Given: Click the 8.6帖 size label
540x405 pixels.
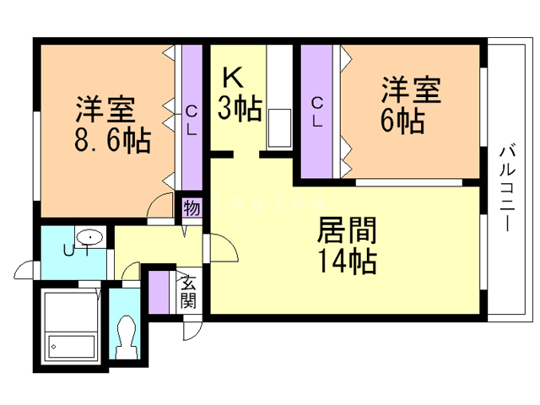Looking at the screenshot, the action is click(112, 140).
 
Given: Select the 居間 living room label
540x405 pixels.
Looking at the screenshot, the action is click(347, 230).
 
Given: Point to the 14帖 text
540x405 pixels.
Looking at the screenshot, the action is click(347, 261).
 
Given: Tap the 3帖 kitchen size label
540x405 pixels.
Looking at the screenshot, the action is click(240, 108).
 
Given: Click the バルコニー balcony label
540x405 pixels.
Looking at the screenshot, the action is click(507, 189).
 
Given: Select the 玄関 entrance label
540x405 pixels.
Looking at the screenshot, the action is click(188, 291).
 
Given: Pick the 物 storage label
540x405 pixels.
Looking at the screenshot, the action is click(192, 208).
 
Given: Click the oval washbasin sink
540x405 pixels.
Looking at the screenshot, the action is click(90, 237).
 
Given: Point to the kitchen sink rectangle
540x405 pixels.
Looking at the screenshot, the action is click(279, 128).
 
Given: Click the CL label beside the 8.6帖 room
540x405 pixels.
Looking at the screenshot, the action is click(192, 120).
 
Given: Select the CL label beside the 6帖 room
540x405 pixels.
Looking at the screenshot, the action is click(317, 112).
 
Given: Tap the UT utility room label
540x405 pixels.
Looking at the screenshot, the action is click(77, 251).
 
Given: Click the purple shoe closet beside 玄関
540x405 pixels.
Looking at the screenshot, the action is click(159, 293).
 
